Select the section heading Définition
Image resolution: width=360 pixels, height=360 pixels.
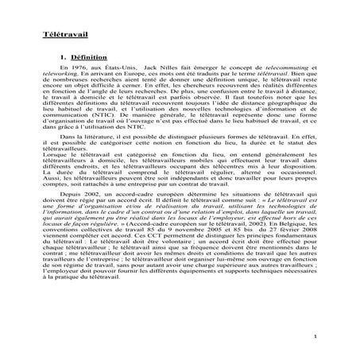(87, 59)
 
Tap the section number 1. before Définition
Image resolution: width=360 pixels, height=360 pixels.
(64, 59)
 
